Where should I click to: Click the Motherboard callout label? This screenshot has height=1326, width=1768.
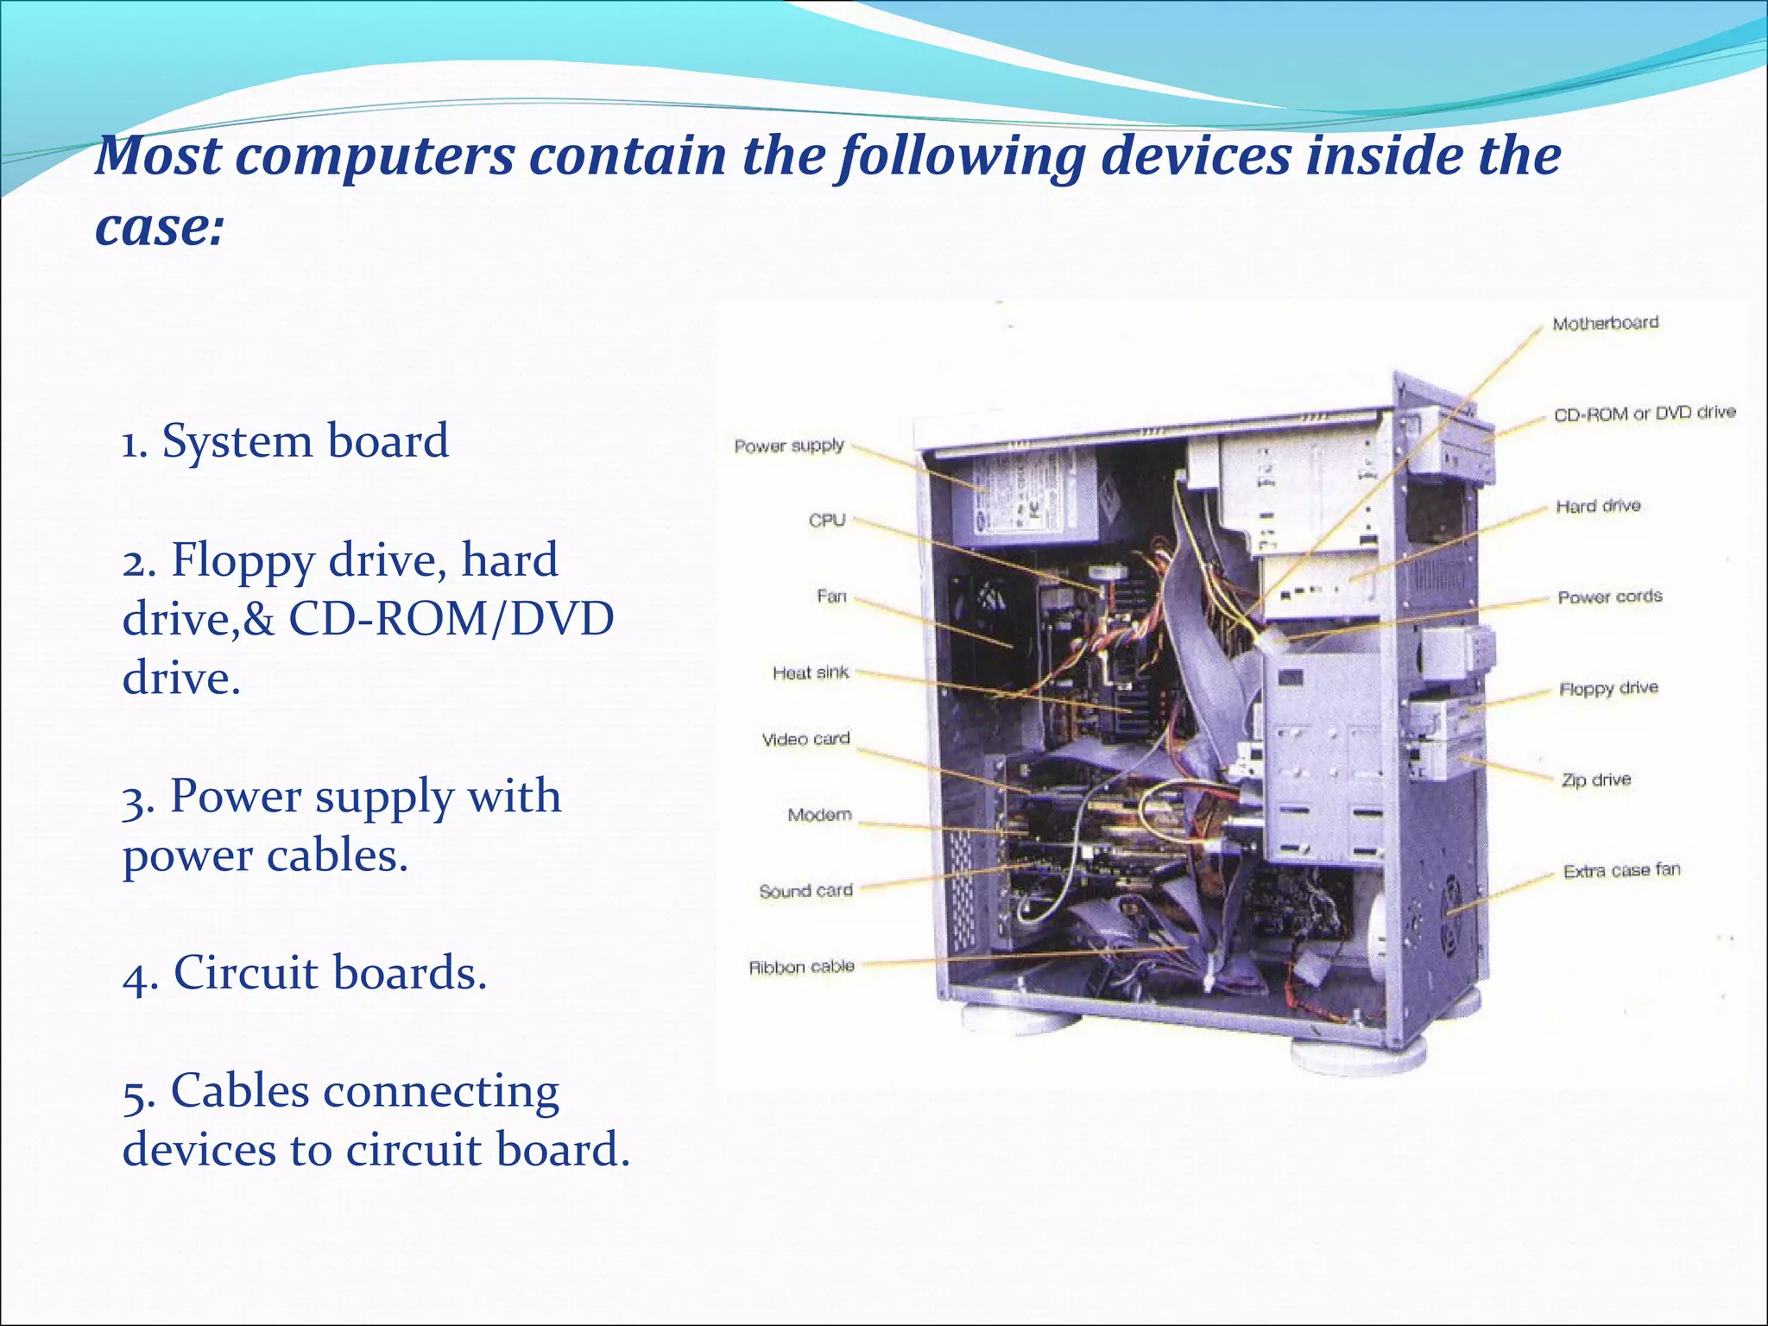click(1605, 323)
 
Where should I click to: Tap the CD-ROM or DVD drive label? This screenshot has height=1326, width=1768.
click(1644, 414)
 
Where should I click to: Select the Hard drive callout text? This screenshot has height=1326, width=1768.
click(1598, 506)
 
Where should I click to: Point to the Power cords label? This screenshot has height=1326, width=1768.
click(1609, 597)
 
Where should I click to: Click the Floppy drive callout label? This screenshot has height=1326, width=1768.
click(1607, 688)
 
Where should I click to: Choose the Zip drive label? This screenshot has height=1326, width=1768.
click(1595, 780)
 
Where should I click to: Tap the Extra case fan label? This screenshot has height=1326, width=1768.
click(1621, 870)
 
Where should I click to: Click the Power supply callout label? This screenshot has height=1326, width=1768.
click(788, 445)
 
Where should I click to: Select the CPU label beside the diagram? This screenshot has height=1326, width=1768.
click(826, 520)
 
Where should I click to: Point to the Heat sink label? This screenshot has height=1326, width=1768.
click(810, 672)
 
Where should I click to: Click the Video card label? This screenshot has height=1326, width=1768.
click(805, 739)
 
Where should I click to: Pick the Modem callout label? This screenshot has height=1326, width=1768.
click(818, 814)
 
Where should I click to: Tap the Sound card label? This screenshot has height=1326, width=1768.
click(805, 890)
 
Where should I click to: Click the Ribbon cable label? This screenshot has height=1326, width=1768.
click(800, 967)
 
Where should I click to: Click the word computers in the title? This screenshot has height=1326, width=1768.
click(375, 156)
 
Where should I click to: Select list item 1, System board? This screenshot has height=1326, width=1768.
click(285, 441)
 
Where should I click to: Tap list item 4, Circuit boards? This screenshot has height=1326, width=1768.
click(305, 973)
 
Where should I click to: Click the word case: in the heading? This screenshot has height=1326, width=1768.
click(159, 228)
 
